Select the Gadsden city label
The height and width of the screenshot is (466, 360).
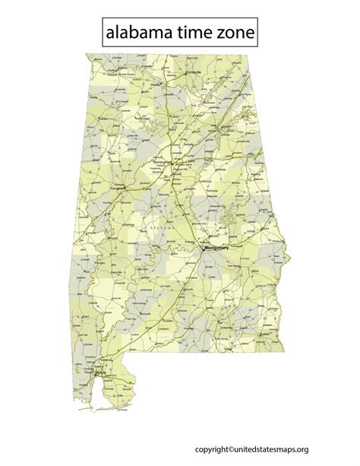(226, 127)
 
